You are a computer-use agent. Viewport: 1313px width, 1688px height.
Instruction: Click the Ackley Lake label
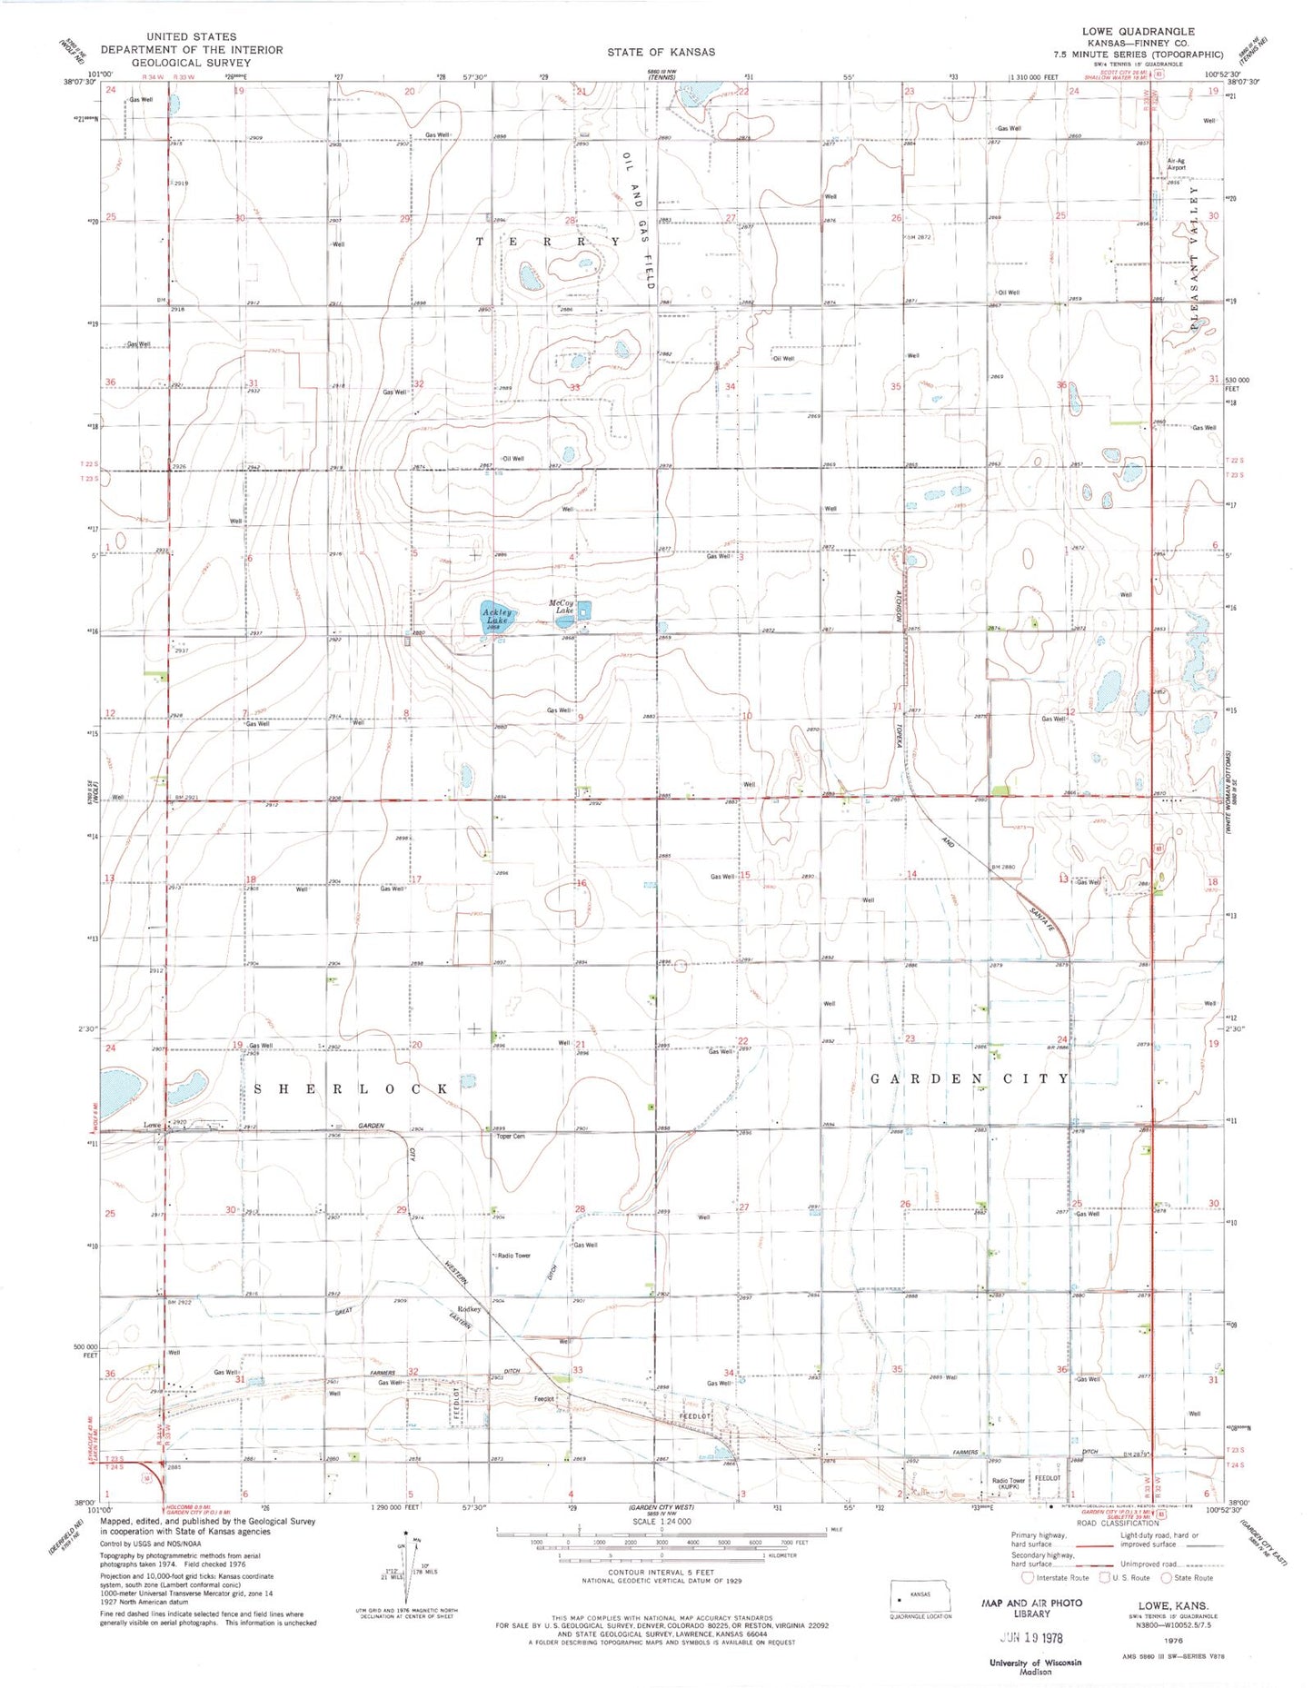497,616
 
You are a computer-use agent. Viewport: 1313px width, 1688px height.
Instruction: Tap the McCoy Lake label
562,607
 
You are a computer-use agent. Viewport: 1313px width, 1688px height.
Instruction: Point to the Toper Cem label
511,1137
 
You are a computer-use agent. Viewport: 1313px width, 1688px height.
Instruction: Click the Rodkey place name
469,1309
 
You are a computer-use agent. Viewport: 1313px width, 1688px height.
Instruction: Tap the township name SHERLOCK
351,1088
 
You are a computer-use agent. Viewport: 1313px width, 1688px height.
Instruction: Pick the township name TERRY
548,242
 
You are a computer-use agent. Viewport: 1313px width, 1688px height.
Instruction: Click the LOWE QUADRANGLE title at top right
1138,31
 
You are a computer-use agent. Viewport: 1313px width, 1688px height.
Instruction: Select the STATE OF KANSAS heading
661,52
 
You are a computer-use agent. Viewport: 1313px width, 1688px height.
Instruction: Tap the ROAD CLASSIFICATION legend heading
1117,1523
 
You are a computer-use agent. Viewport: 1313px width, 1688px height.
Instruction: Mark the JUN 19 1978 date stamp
1031,1638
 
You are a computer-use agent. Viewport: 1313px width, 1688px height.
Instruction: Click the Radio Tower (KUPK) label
1008,1484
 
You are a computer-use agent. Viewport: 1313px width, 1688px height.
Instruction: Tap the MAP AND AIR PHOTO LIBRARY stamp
1032,1608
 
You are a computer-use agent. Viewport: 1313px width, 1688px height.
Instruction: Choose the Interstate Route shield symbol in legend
1028,1578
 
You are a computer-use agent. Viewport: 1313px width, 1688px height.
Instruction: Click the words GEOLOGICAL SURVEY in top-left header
192,63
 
